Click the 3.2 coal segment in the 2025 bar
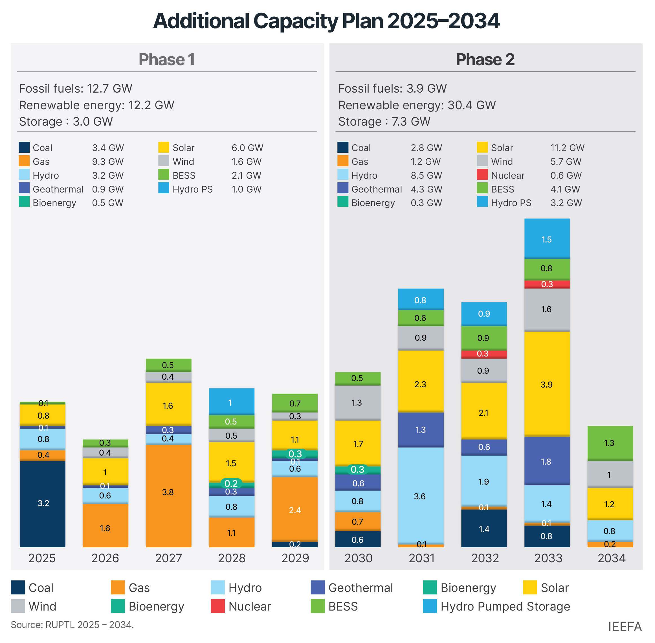click(x=43, y=503)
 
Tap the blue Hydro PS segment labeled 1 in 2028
click(x=232, y=402)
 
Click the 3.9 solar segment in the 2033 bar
click(x=547, y=384)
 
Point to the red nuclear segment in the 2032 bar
click(x=484, y=354)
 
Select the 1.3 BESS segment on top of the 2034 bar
click(x=610, y=443)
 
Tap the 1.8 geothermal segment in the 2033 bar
click(x=547, y=461)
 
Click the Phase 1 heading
click(x=167, y=60)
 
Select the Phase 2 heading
click(x=485, y=60)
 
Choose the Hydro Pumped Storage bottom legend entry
click(x=505, y=606)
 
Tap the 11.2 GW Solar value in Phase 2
click(x=567, y=148)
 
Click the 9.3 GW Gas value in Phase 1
click(x=108, y=161)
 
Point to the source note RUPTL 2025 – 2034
click(x=72, y=624)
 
